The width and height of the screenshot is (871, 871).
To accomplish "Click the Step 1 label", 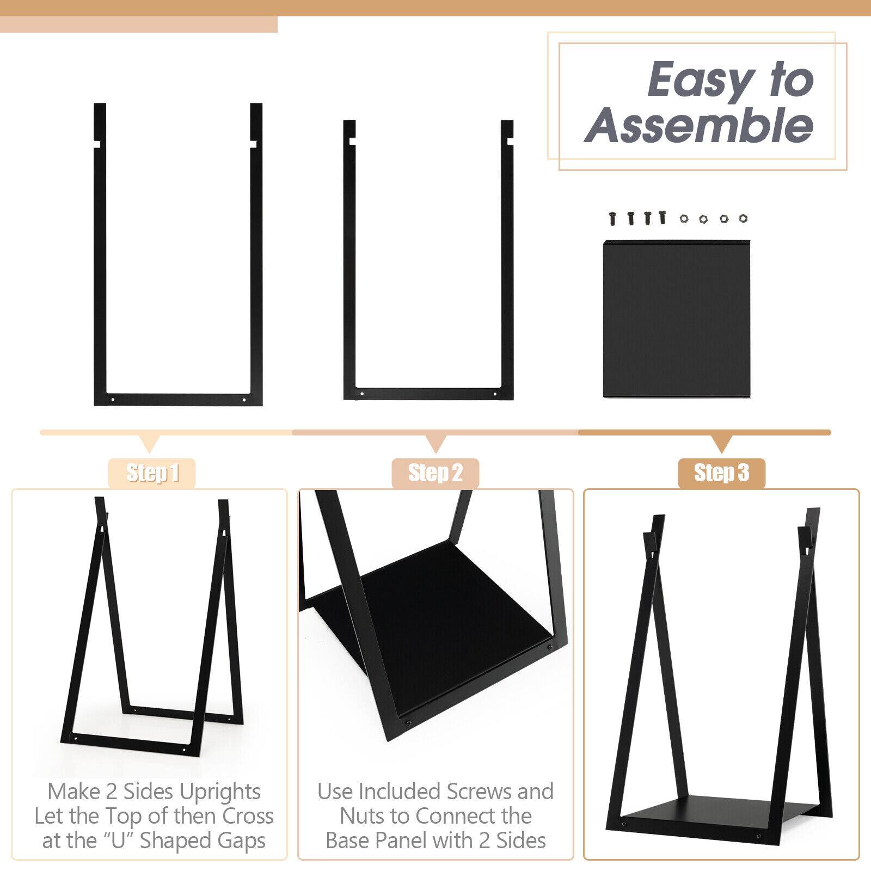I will pyautogui.click(x=152, y=473).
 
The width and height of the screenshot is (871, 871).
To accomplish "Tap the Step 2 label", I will pyautogui.click(x=436, y=473).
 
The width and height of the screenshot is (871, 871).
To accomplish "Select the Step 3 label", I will pyautogui.click(x=721, y=473).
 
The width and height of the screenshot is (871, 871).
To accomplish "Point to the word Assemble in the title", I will pyautogui.click(x=698, y=125).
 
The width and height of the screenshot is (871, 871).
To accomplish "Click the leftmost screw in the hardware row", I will pyautogui.click(x=613, y=218).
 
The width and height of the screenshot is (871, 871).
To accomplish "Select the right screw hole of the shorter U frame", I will pyautogui.click(x=495, y=394).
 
